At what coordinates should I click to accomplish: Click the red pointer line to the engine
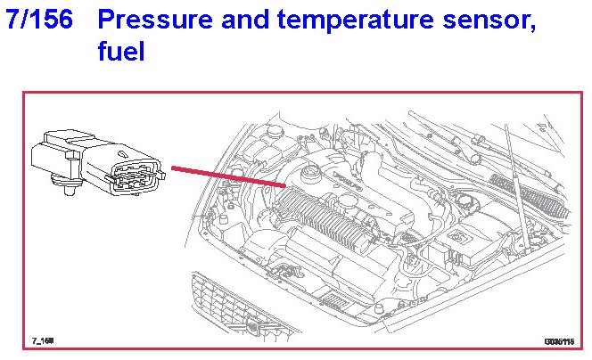point(228,176)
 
